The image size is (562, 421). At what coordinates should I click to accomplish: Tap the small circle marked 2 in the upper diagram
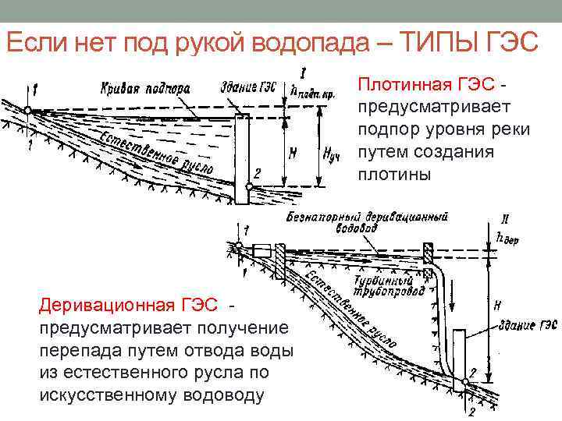point(247,186)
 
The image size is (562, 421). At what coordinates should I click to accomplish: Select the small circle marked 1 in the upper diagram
point(27,111)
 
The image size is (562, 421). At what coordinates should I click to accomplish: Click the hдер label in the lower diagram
point(508,239)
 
